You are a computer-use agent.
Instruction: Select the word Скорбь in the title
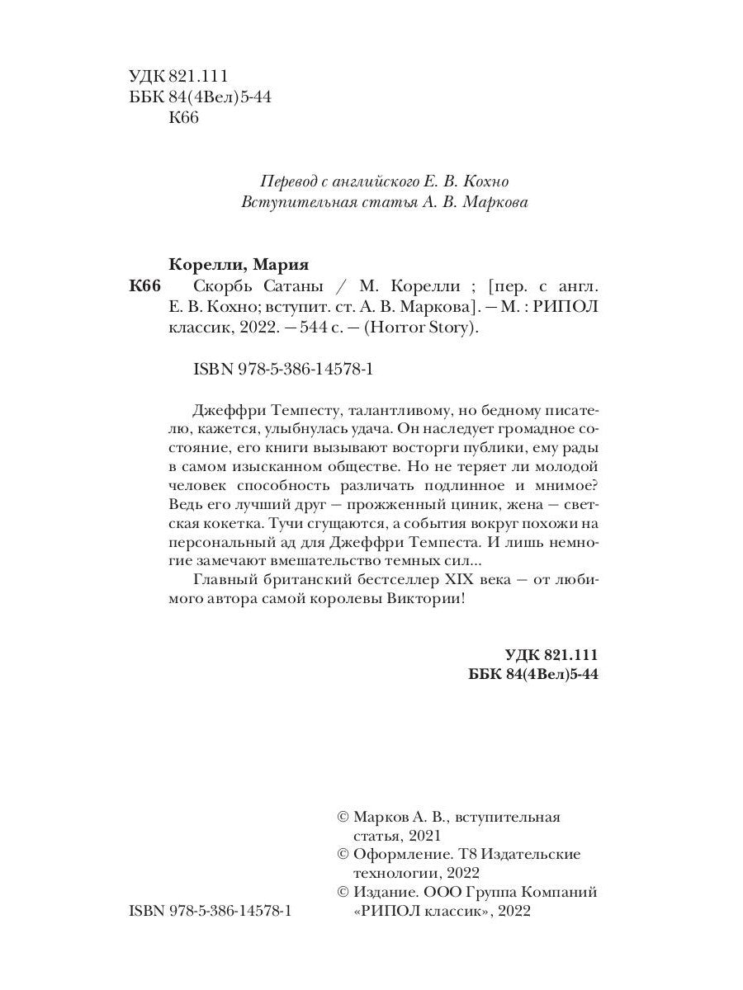coord(220,286)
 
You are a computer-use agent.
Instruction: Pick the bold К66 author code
coord(146,286)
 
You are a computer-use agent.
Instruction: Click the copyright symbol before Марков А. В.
coord(344,817)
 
